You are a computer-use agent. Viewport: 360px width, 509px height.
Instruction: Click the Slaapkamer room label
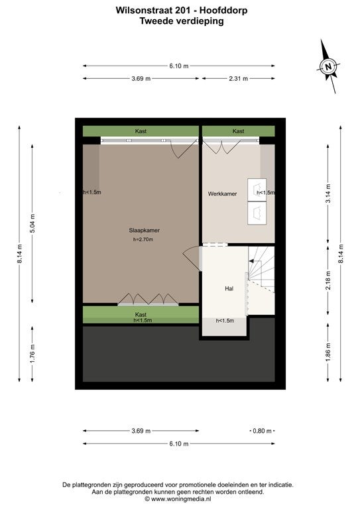[144, 231]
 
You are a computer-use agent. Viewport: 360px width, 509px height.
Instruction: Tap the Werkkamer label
[222, 194]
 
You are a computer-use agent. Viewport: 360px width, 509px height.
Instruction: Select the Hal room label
[229, 288]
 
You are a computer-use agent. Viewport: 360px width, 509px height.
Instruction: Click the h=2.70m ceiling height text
[143, 239]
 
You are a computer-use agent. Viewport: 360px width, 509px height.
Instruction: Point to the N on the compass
[328, 66]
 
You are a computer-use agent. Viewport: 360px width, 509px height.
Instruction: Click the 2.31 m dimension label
[239, 79]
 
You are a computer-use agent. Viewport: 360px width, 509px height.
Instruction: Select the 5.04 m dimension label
[32, 223]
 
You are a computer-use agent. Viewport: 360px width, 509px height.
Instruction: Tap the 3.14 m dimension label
[328, 194]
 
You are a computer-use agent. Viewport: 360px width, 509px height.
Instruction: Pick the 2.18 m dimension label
[328, 280]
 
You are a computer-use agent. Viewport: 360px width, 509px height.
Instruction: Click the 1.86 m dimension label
[328, 352]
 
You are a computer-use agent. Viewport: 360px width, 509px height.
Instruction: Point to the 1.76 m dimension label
[32, 354]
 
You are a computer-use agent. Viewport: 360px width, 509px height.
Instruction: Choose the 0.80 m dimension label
[263, 431]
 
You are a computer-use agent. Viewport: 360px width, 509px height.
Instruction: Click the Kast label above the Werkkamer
[238, 131]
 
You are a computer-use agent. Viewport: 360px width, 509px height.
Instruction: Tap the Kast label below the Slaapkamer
[141, 315]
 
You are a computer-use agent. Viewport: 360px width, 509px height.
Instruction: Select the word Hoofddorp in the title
[223, 11]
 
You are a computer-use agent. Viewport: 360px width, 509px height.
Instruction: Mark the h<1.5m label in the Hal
[225, 321]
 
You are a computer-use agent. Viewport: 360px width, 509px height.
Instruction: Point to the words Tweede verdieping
[182, 21]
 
